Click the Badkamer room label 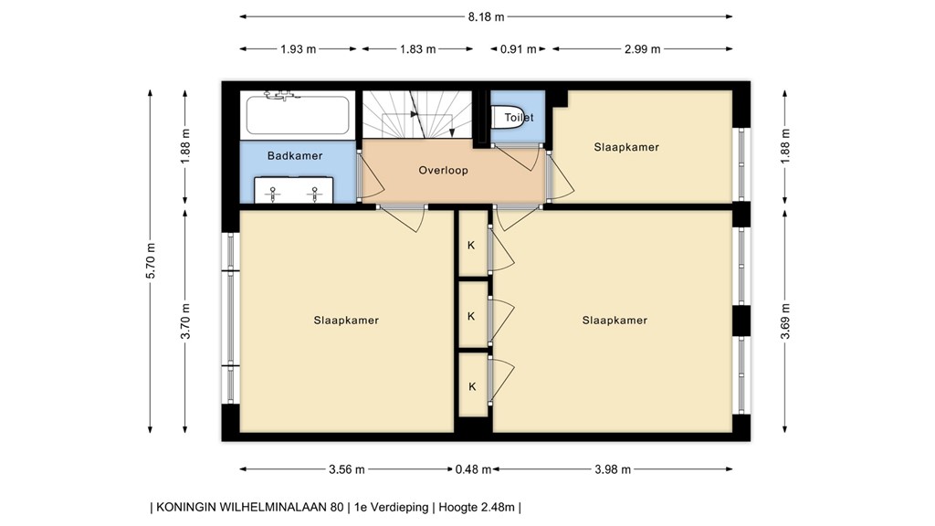[x=294, y=156]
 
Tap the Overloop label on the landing [x=443, y=170]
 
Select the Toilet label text [x=519, y=118]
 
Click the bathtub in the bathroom [x=295, y=117]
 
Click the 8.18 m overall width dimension [x=485, y=16]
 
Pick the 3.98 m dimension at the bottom [x=612, y=470]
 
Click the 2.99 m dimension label [x=642, y=49]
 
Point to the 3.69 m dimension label [x=784, y=321]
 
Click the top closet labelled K [x=471, y=246]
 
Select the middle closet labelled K [x=471, y=316]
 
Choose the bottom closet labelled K [x=471, y=386]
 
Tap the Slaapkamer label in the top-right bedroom [x=625, y=147]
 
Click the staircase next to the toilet [x=415, y=115]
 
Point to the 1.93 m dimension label [x=299, y=49]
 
